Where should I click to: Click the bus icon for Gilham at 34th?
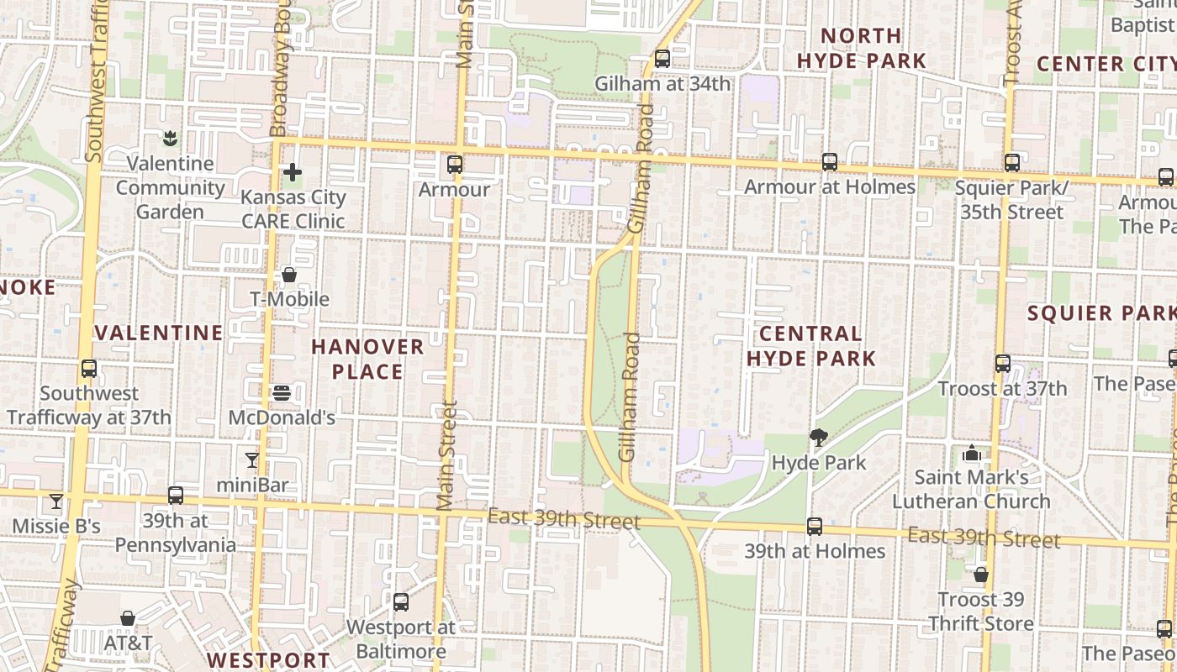662,59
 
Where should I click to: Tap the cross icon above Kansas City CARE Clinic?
293,173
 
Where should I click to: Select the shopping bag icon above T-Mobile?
289,275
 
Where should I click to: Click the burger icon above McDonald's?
282,392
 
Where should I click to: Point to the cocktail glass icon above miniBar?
251,459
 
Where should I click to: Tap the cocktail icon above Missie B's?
56,501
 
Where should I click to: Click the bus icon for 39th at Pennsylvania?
175,496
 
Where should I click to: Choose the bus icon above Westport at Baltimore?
401,602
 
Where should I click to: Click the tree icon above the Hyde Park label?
818,437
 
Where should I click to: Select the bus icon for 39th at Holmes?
815,527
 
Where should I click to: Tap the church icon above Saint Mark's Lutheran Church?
972,453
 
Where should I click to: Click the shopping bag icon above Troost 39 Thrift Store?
980,575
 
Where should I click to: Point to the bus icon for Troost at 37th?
1003,364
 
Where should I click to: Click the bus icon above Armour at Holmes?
830,162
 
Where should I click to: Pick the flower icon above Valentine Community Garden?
171,137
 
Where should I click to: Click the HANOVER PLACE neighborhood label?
367,359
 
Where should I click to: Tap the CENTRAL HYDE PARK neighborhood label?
811,346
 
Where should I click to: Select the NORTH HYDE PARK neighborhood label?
861,48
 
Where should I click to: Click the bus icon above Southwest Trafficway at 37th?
89,368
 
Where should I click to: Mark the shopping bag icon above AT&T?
128,618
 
